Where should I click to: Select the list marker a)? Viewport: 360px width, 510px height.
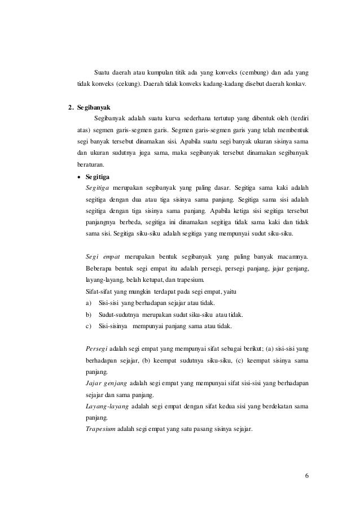[x=88, y=303]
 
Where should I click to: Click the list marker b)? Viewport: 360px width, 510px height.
[x=88, y=315]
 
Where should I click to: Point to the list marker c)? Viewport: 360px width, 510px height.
[x=88, y=326]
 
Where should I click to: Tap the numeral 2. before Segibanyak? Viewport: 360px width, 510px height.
[x=70, y=107]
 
